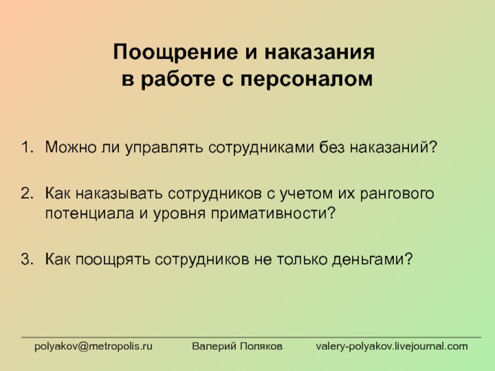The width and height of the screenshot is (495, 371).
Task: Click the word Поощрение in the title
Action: click(x=176, y=53)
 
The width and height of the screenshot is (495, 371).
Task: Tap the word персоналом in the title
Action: click(x=306, y=80)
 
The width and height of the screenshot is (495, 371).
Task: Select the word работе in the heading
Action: click(x=178, y=79)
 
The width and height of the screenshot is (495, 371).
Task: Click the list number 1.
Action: click(x=27, y=147)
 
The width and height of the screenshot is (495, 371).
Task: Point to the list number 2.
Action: click(x=27, y=193)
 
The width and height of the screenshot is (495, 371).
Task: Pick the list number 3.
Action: click(x=27, y=259)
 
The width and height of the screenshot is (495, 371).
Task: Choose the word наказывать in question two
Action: click(x=119, y=194)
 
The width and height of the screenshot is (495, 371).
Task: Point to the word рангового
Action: click(x=397, y=194)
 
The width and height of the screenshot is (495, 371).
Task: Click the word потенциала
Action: click(x=90, y=214)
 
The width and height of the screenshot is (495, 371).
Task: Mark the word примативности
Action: click(x=273, y=214)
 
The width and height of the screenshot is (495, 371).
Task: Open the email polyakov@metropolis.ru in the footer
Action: click(x=93, y=346)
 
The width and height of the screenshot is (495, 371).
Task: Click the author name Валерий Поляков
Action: click(x=237, y=346)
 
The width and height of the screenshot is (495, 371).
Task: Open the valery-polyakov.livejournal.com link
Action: click(x=392, y=346)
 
